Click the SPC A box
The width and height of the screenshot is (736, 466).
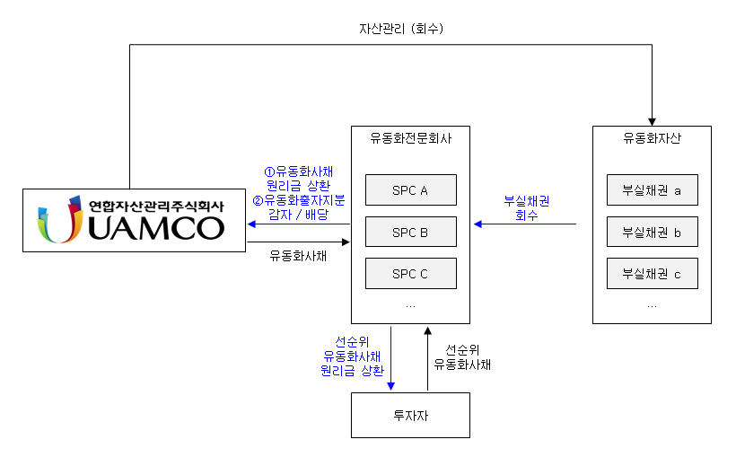click(410, 190)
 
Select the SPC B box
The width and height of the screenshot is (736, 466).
click(410, 233)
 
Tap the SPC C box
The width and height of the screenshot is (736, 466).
click(410, 274)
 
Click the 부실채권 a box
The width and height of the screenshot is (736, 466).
click(652, 190)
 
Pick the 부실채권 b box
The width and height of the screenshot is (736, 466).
click(652, 233)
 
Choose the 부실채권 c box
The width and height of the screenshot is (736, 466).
click(652, 274)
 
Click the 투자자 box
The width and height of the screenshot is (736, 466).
click(410, 416)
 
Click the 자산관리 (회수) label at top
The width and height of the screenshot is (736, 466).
click(395, 29)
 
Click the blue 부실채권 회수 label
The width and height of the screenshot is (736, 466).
click(526, 208)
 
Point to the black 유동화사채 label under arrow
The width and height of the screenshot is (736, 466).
click(298, 256)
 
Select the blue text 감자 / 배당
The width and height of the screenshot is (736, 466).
click(298, 215)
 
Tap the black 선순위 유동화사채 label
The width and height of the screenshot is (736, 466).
click(462, 357)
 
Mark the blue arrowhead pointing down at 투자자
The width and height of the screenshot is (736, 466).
click(391, 387)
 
